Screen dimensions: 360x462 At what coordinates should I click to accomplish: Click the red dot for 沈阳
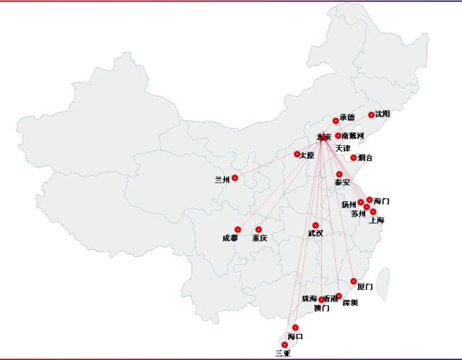372,115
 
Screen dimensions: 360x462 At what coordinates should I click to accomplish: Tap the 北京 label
324,137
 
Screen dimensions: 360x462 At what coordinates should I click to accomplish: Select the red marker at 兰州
235,177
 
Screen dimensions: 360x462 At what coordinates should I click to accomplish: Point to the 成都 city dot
237,229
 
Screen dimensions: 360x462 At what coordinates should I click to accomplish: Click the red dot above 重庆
258,229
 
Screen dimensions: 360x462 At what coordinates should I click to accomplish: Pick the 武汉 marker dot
315,225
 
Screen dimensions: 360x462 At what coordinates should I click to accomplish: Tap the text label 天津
343,148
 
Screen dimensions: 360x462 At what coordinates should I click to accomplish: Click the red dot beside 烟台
354,157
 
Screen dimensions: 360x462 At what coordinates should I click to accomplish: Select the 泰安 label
342,183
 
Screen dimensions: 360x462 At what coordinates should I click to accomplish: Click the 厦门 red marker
354,281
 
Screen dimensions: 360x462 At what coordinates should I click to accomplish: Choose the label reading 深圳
350,303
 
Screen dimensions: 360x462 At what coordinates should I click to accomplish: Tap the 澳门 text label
322,308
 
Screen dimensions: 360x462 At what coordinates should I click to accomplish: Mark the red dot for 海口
295,328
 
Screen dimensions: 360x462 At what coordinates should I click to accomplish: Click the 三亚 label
282,354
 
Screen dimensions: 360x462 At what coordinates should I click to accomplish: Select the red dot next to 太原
297,154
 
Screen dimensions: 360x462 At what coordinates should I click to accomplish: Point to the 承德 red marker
336,120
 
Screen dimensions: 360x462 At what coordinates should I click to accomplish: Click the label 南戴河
353,136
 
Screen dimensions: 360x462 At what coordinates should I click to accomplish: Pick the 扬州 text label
349,205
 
